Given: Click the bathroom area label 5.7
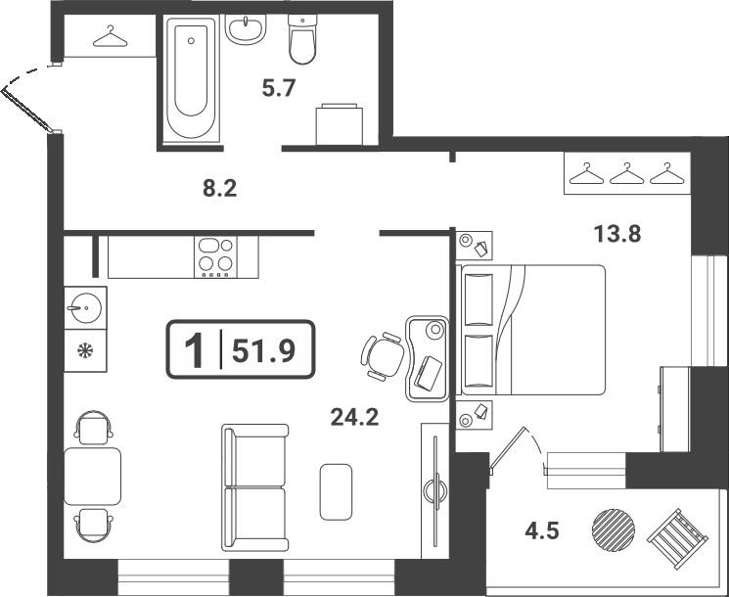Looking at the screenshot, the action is (x=279, y=88).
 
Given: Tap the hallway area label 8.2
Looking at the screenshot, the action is (x=220, y=189).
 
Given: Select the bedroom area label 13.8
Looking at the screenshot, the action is (x=617, y=234).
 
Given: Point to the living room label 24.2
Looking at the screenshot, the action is (x=354, y=417).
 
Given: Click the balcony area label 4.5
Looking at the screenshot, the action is (x=542, y=530).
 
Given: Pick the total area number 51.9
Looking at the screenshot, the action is (x=263, y=350).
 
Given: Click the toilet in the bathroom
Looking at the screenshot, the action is (x=302, y=39).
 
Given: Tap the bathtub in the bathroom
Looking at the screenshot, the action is (x=191, y=77).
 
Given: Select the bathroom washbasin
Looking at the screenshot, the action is (x=246, y=28).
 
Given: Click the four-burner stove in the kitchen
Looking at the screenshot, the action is (x=215, y=257).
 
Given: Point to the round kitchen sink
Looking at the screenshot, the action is (x=85, y=308).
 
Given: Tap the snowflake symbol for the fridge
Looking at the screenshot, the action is (x=85, y=350).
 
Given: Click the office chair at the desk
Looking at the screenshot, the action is (x=383, y=356).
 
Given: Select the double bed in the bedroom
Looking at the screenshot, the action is (x=530, y=330).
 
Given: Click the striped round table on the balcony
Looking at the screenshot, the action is (x=614, y=529).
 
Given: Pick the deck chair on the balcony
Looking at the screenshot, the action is (x=677, y=539).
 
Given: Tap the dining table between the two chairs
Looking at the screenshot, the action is (x=93, y=476).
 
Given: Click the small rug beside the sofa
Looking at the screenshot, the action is (x=336, y=491).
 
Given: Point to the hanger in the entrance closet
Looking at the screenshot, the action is (x=111, y=36).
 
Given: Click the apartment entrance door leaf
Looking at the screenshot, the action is (x=26, y=110).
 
